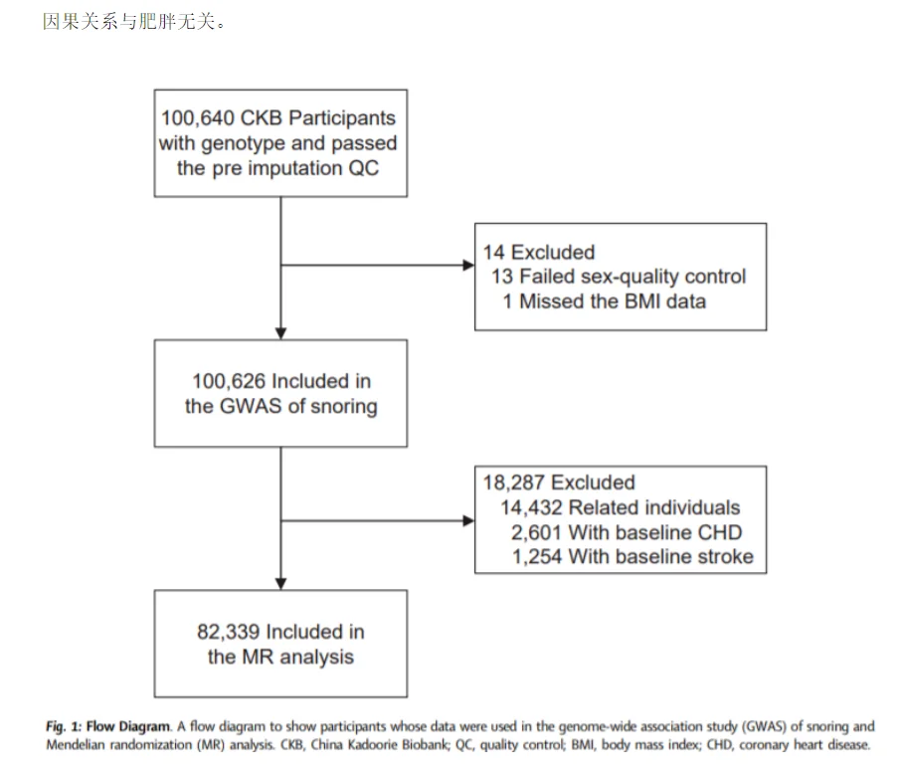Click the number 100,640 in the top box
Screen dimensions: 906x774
point(198,118)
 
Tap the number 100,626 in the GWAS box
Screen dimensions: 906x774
point(229,381)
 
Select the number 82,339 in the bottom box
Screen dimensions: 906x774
point(229,631)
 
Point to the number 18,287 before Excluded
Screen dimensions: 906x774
point(514,483)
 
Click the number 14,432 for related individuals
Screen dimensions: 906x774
point(531,507)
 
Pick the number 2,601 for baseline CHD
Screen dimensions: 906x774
point(536,532)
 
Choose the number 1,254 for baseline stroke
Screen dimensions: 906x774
point(537,556)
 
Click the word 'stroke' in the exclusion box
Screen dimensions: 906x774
point(726,556)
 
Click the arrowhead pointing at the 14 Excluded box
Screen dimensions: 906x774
point(468,266)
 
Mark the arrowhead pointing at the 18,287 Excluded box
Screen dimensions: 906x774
point(468,521)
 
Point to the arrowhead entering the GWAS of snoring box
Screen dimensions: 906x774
point(280,333)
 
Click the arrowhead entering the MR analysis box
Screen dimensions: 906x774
point(280,584)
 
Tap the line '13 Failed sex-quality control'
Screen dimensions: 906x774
point(619,277)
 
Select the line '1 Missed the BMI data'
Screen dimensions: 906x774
point(605,301)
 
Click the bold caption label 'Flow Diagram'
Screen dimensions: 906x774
point(128,726)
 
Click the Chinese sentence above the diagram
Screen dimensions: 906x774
point(134,21)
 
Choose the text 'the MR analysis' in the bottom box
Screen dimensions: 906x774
point(280,657)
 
